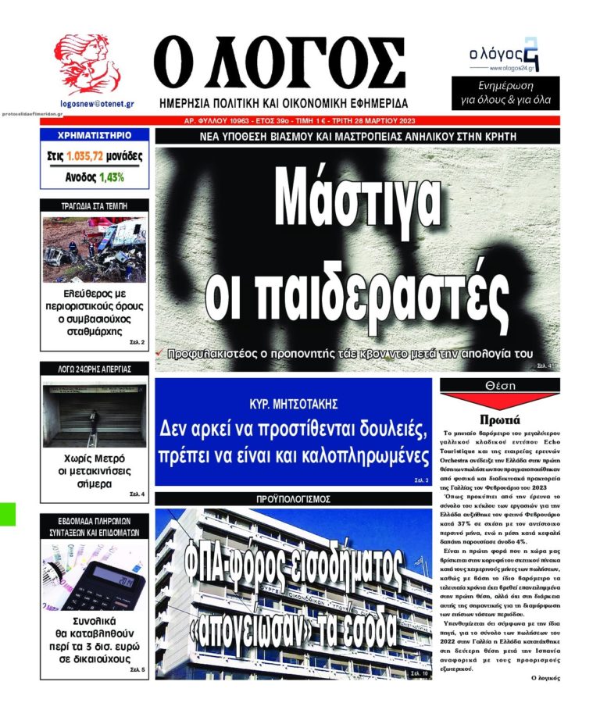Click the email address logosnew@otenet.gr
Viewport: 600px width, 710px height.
pos(97,102)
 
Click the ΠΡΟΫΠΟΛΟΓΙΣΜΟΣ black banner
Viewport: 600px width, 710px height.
pos(294,498)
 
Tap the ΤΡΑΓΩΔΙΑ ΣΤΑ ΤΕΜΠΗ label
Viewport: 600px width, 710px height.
pos(94,206)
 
